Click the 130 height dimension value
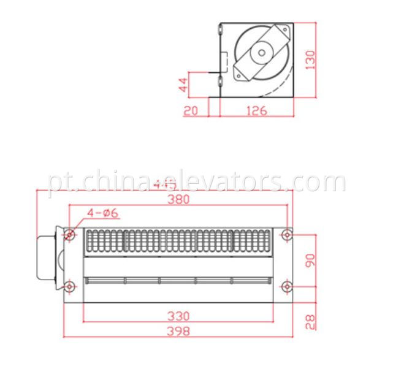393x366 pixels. pos(311,59)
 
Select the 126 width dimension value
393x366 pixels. pos(257,110)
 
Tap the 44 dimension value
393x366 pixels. pos(183,84)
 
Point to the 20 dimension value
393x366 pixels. pos(190,110)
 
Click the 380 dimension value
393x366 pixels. pos(178,199)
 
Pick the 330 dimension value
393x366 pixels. pos(178,316)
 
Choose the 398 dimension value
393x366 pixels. pos(178,331)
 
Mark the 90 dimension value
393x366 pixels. pos(310,260)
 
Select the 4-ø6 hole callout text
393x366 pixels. pos(102,213)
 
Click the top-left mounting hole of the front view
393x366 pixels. pos(71,235)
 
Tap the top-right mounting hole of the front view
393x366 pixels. pos(286,234)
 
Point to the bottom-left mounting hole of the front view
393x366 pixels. pos(71,286)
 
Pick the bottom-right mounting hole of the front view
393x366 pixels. pos(286,286)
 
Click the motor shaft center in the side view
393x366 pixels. pos(262,52)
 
